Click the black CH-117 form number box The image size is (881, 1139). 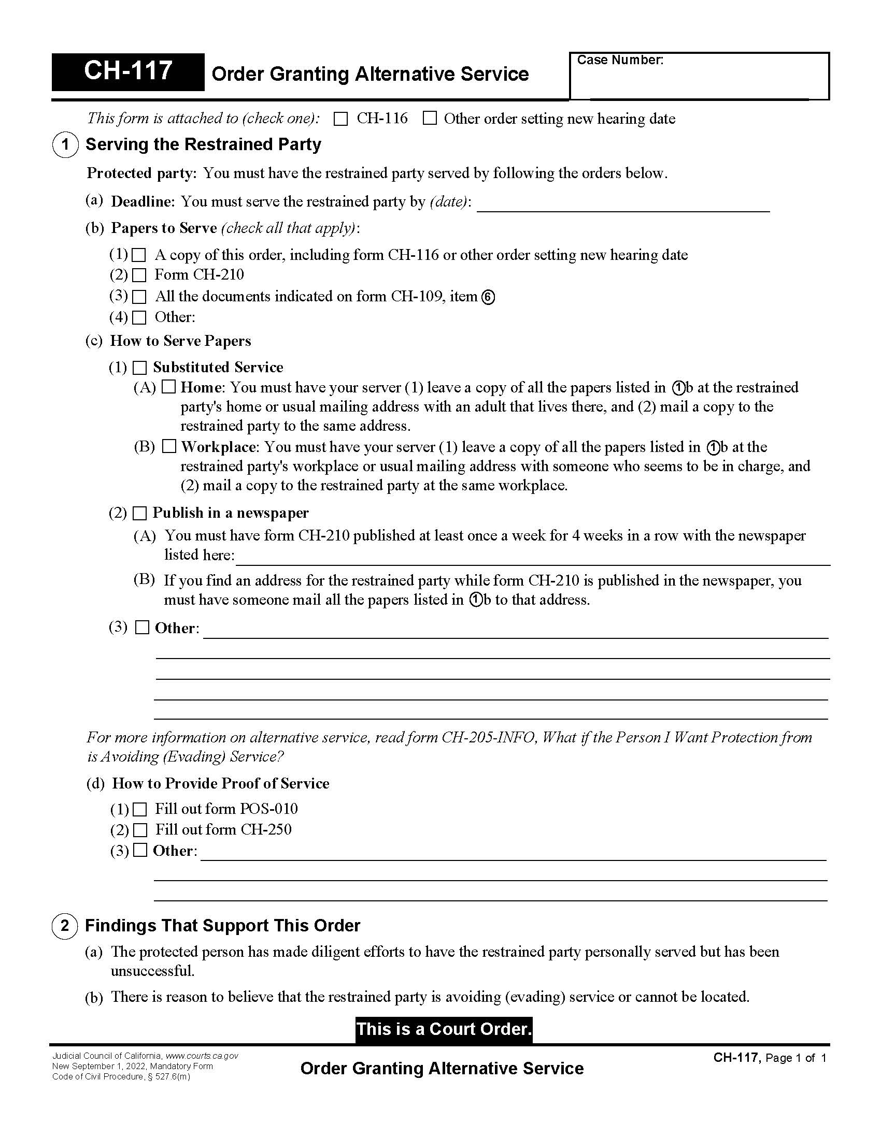[x=128, y=72]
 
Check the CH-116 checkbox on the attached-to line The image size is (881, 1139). [x=341, y=119]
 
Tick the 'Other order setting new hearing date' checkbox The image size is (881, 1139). [x=430, y=119]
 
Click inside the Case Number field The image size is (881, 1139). [x=700, y=81]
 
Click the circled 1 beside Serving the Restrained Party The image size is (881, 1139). [x=65, y=144]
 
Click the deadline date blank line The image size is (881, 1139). [x=623, y=205]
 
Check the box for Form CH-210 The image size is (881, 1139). [x=139, y=275]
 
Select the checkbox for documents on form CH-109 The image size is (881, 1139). [x=139, y=297]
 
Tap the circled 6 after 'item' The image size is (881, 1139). [x=488, y=297]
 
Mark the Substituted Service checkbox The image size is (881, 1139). [x=139, y=368]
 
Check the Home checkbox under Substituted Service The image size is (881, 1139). [x=168, y=387]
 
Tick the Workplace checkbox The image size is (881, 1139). [x=168, y=446]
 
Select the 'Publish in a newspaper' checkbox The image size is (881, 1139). [x=139, y=513]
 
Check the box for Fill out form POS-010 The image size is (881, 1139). [x=139, y=809]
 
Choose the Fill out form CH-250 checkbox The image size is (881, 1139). [x=140, y=830]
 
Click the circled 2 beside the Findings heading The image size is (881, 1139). [x=65, y=926]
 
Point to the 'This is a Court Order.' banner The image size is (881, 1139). [x=444, y=1029]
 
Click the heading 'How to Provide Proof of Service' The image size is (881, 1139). [x=220, y=783]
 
